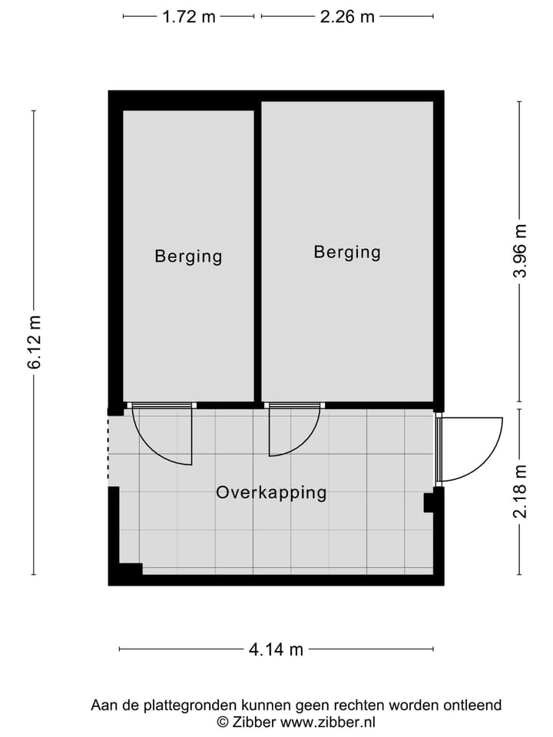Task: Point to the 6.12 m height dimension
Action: coord(35,342)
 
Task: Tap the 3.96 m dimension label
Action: coord(521,252)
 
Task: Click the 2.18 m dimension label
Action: coord(521,491)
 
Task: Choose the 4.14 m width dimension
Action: coord(276,650)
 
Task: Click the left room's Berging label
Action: coord(188,256)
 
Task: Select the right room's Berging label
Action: coord(347,252)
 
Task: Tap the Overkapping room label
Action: coord(271,493)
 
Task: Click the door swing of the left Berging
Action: coord(165,438)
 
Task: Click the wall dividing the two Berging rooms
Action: coord(257,253)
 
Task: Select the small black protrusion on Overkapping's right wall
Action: coord(430,503)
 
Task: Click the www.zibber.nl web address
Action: coord(328,722)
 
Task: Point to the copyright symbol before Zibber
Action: coord(223,722)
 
